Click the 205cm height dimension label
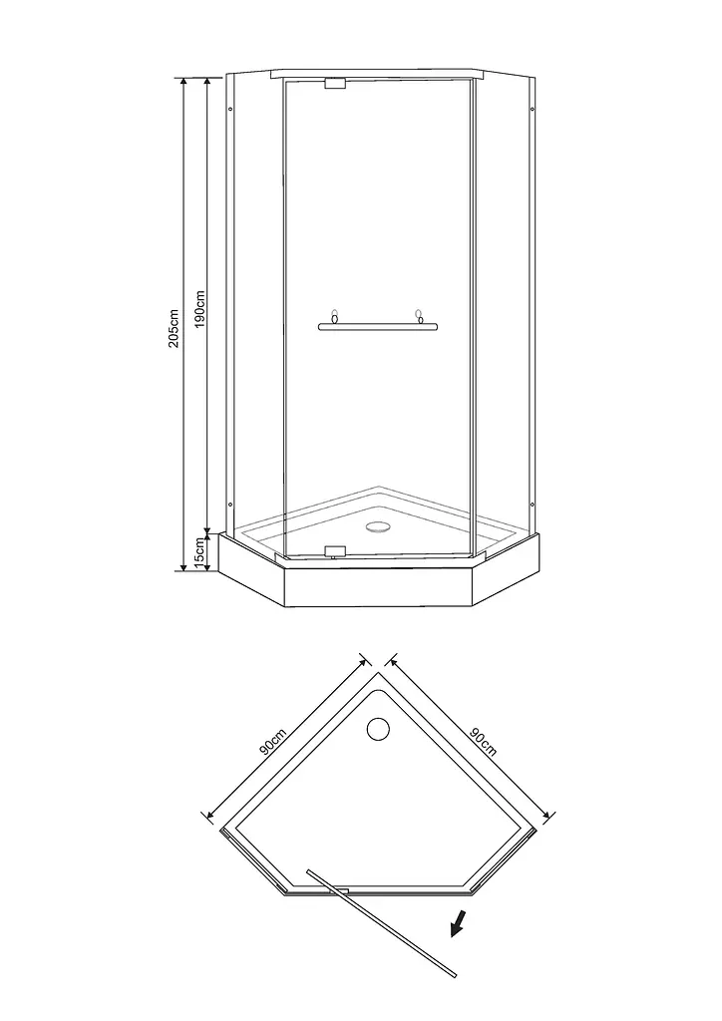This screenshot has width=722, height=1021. coord(174,328)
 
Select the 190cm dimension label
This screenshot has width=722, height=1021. coord(199,309)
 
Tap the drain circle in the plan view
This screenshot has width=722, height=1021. coord(378,729)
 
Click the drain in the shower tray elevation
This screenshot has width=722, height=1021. coord(376,526)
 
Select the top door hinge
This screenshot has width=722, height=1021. coord(335,84)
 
